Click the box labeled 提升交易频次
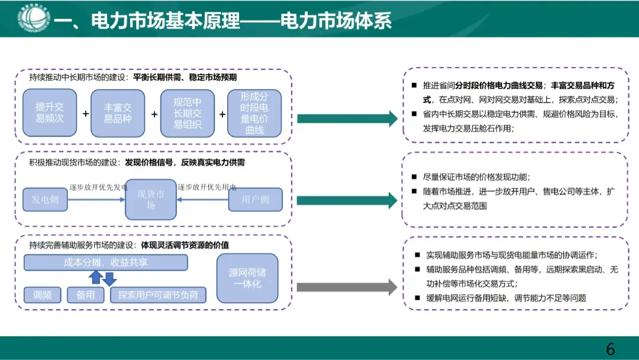[49, 113]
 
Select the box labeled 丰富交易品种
[118, 113]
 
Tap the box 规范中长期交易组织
[187, 113]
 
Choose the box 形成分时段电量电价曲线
[254, 113]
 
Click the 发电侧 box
[46, 200]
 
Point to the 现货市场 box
[151, 200]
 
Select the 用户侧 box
[256, 200]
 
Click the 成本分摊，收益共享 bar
[105, 262]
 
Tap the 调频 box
[43, 295]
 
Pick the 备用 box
[86, 295]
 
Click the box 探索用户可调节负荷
[158, 295]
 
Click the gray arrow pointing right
[347, 288]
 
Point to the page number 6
[611, 349]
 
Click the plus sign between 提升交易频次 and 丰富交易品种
[85, 114]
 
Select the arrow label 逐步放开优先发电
[98, 187]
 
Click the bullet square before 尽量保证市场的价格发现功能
[414, 177]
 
